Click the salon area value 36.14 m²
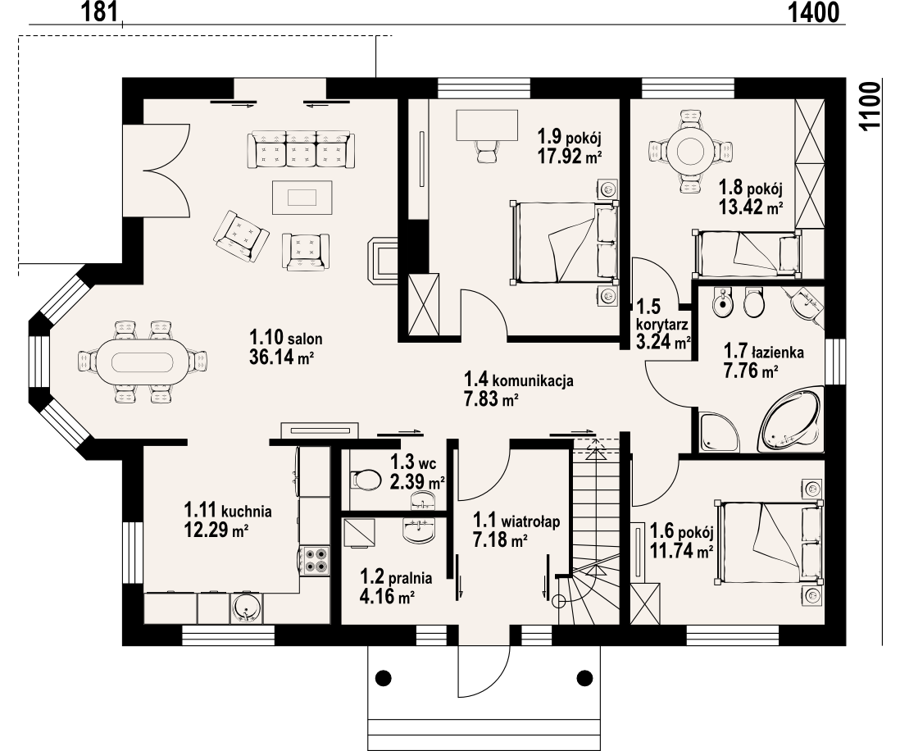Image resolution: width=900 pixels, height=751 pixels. click(x=281, y=357)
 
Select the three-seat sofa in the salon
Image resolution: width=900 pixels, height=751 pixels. click(x=302, y=150)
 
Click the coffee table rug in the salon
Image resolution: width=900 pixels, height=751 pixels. click(x=302, y=197)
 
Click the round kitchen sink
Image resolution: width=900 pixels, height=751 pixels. click(x=247, y=608)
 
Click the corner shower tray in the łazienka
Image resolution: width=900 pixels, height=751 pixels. click(x=718, y=431)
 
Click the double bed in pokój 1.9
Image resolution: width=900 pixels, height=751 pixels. click(x=564, y=242)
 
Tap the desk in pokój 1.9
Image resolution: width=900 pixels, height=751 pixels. click(x=487, y=125)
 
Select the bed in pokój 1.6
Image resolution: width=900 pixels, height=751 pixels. click(x=769, y=542)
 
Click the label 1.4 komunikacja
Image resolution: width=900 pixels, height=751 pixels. click(x=518, y=380)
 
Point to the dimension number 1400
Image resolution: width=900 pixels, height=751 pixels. click(x=813, y=11)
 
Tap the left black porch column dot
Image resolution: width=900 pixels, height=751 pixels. click(x=383, y=678)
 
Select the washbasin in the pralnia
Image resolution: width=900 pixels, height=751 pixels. click(x=420, y=530)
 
